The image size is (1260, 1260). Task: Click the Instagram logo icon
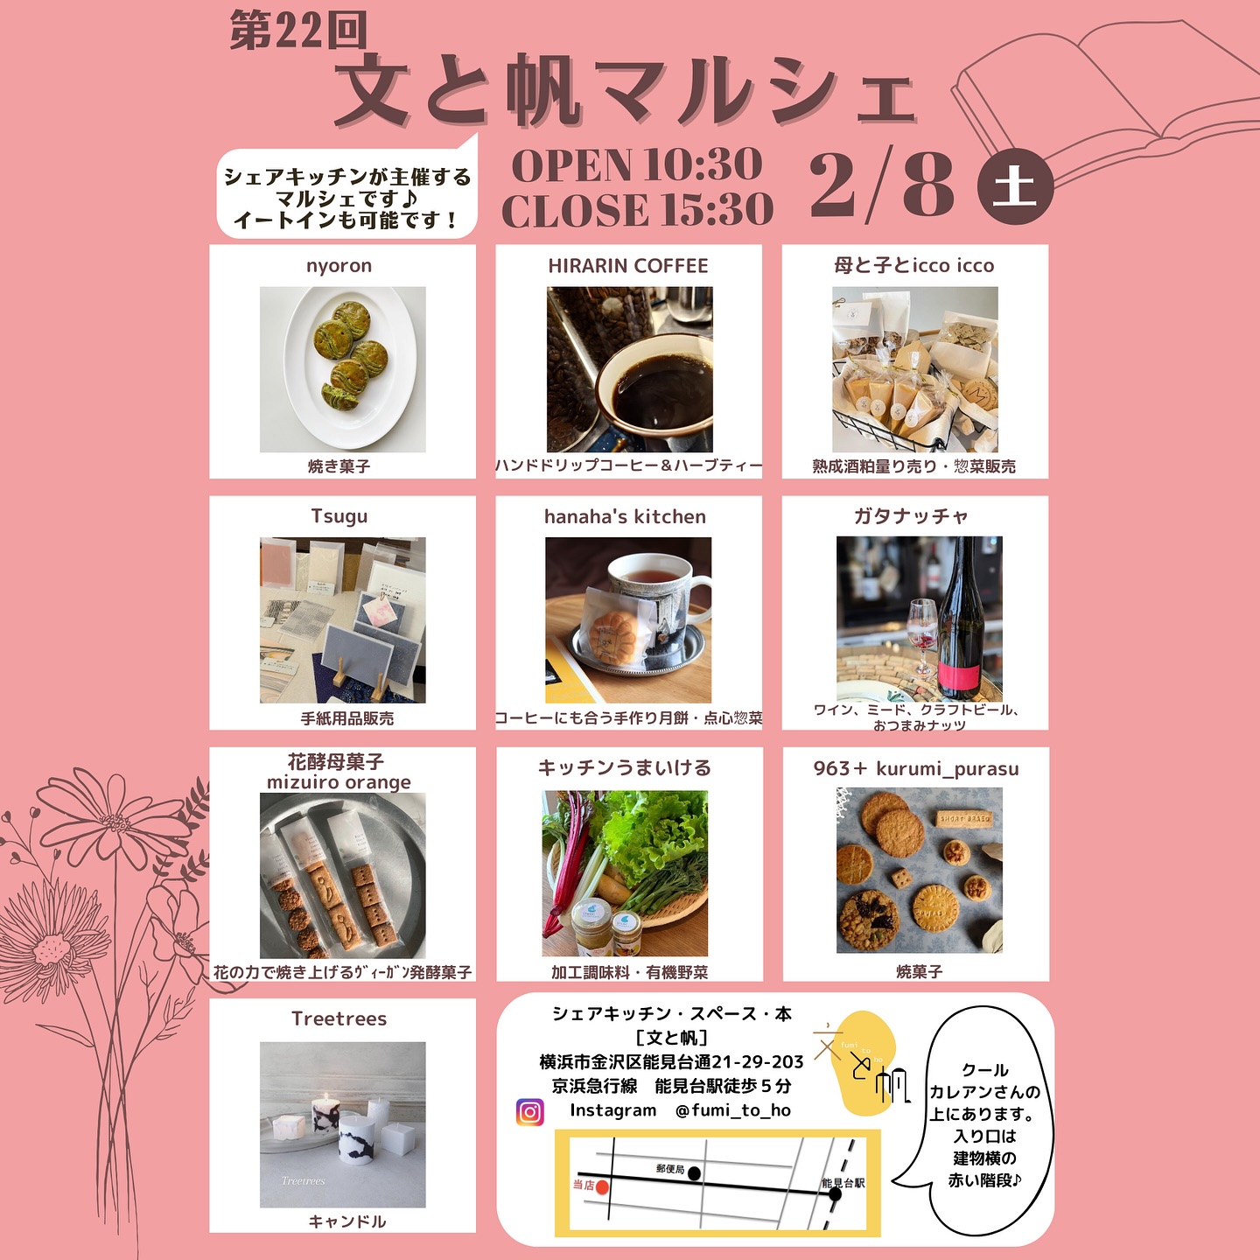point(529,1112)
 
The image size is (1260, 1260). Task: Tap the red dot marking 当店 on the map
point(602,1186)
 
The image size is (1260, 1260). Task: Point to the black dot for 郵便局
point(695,1173)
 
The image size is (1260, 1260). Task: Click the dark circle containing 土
point(1015,187)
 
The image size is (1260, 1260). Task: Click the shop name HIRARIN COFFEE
point(627,265)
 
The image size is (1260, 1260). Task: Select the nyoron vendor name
point(339,265)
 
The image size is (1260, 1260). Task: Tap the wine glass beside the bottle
point(923,635)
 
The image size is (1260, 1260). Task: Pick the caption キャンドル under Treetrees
point(346,1221)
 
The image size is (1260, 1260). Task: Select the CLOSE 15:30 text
point(638,210)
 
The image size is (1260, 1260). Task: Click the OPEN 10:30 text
point(637,164)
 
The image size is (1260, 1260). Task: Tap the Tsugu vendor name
point(339,516)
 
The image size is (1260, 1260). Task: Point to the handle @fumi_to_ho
point(732,1110)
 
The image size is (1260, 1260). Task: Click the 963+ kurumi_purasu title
point(915,768)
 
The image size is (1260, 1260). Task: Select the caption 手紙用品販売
point(347,718)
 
